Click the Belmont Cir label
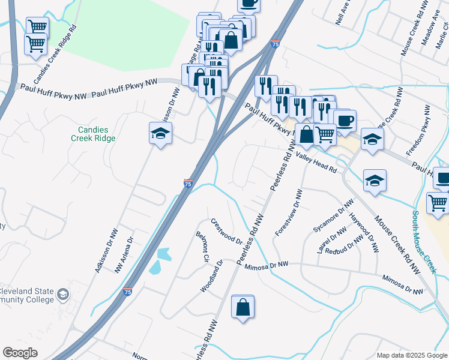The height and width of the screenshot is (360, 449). coord(202,247)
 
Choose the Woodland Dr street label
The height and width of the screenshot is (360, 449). coord(212,277)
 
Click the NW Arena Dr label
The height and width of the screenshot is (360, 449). coord(124,256)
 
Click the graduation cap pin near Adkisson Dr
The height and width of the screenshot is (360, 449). coord(161,134)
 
